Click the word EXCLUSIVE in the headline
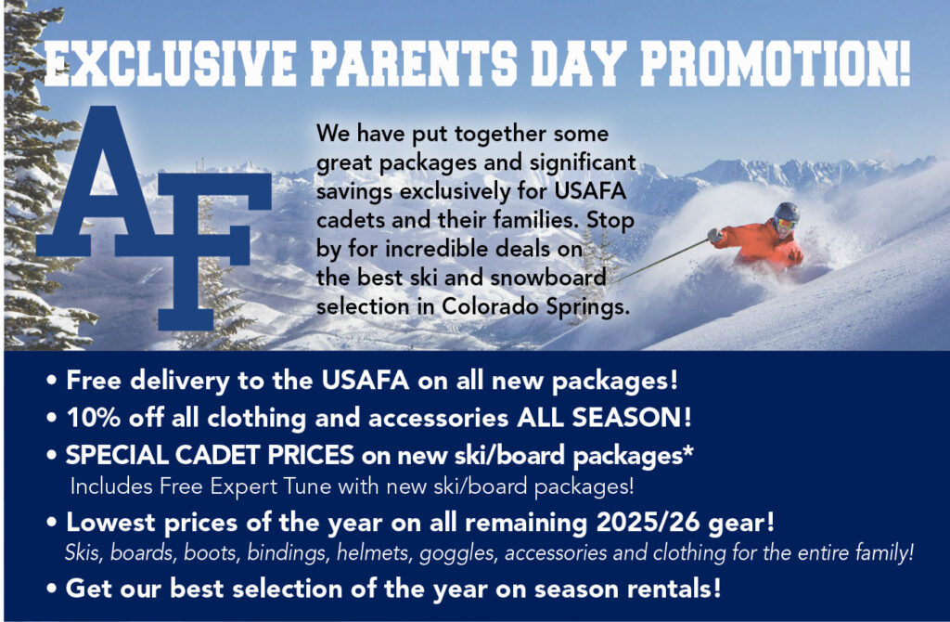[x=172, y=63]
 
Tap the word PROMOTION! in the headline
[x=776, y=63]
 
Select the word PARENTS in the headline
[x=415, y=63]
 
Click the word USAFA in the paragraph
[x=589, y=191]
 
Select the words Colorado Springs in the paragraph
[x=535, y=306]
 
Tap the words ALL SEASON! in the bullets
[x=604, y=418]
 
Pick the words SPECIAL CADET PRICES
[x=210, y=455]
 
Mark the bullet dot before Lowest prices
[x=52, y=523]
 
